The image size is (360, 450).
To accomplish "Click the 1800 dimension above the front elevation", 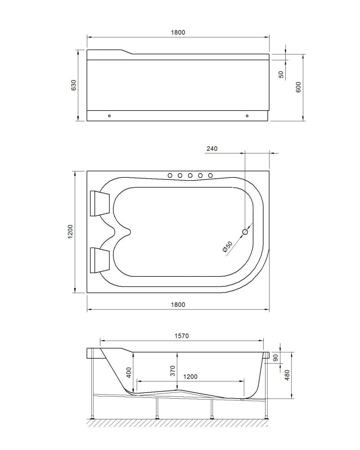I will pyautogui.click(x=178, y=32).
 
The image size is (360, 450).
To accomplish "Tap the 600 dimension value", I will pyautogui.click(x=298, y=87).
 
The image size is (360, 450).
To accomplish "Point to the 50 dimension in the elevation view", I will pyautogui.click(x=282, y=75).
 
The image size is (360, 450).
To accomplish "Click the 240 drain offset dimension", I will pyautogui.click(x=212, y=148).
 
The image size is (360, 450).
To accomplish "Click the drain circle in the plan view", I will pyautogui.click(x=245, y=232).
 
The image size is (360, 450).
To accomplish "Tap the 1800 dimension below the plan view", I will pyautogui.click(x=178, y=305).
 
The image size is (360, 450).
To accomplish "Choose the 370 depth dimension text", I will pyautogui.click(x=173, y=370).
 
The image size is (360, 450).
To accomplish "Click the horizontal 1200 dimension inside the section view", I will pyautogui.click(x=190, y=377).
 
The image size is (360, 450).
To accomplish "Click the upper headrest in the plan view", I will pyautogui.click(x=99, y=203).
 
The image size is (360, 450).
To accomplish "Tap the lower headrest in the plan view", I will pyautogui.click(x=99, y=260).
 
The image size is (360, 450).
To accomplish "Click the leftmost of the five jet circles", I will pyautogui.click(x=170, y=175).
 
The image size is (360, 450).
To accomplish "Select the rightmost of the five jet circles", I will pyautogui.click(x=209, y=175).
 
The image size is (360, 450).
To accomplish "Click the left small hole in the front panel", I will pyautogui.click(x=109, y=116).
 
